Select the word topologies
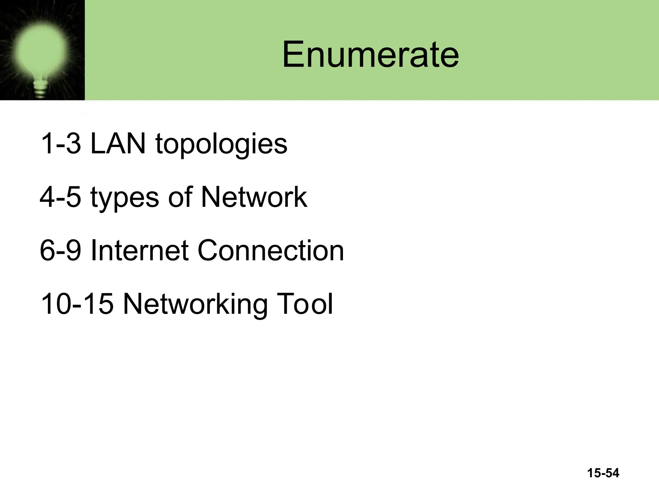221,145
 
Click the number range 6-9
60,250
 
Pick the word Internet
139,250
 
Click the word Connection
271,250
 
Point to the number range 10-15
77,304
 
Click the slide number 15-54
603,473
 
